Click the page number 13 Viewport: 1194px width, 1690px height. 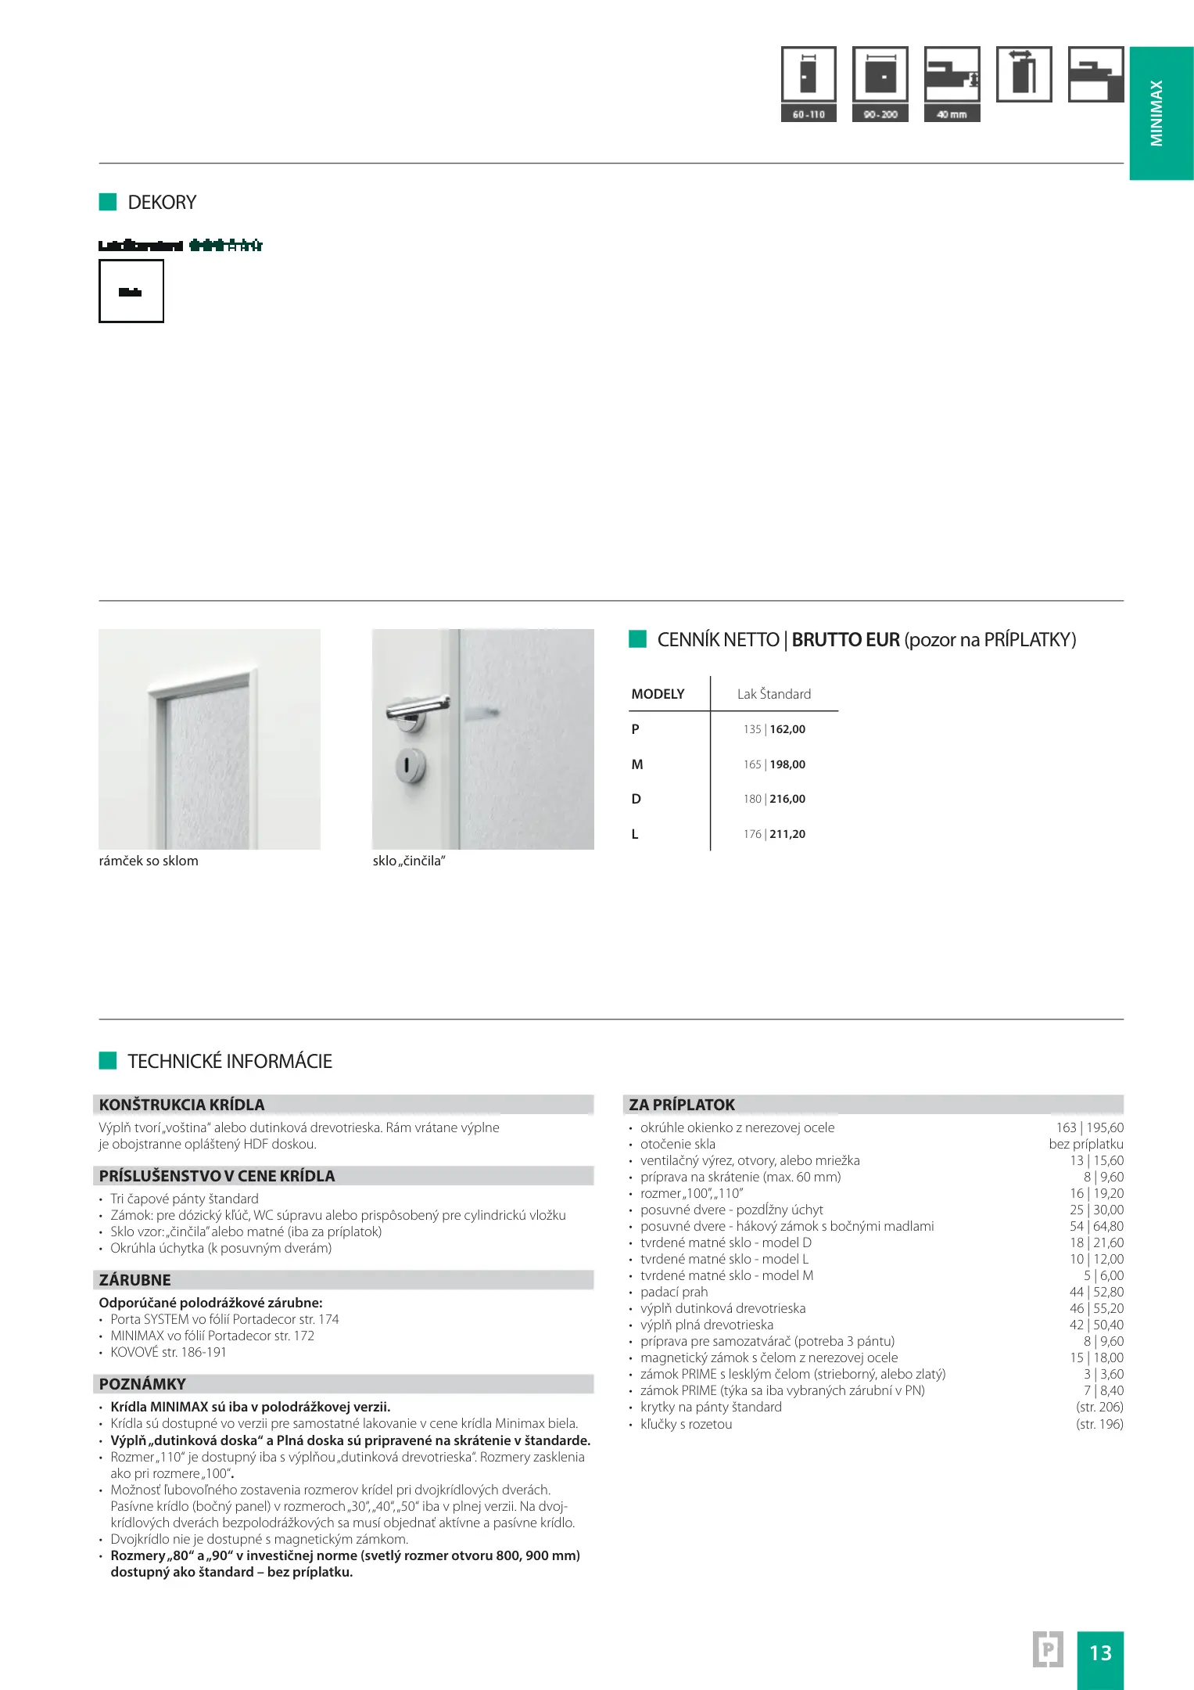(1100, 1652)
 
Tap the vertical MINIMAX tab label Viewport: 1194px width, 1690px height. (1156, 113)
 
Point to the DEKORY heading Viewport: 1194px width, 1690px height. (162, 203)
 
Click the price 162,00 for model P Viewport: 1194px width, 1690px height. (787, 729)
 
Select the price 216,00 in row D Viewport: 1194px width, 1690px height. (787, 799)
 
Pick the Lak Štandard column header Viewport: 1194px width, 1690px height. (773, 694)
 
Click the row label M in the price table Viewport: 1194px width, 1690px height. (637, 764)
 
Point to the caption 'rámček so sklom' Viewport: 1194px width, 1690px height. (149, 861)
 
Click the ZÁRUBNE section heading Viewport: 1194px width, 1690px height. (135, 1280)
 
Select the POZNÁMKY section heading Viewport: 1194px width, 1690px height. (142, 1384)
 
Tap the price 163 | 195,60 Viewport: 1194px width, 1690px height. (1089, 1127)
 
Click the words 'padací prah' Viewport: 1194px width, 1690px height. (673, 1292)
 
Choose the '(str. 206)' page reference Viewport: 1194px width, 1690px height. (1099, 1407)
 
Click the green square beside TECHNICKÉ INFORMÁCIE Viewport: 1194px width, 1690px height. (108, 1061)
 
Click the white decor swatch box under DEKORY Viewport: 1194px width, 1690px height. (131, 291)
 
